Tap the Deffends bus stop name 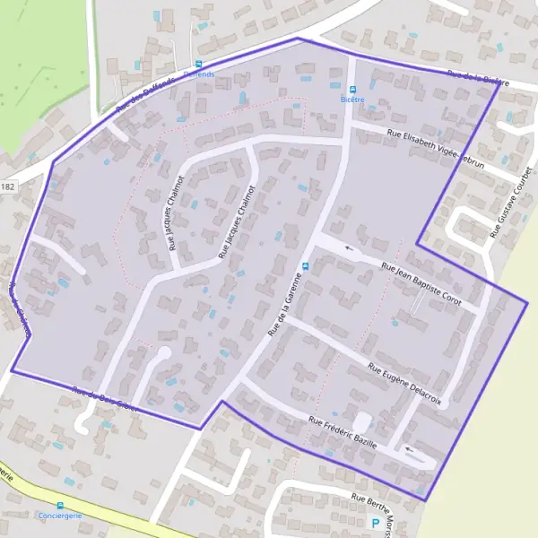[198, 74]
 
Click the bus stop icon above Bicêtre [352, 90]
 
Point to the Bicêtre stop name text [352, 100]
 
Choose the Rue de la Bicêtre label [478, 79]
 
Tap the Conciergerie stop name [60, 516]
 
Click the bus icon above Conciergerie [60, 506]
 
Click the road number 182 [8, 186]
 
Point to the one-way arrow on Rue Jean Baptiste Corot [350, 249]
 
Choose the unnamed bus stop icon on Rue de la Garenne [306, 266]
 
